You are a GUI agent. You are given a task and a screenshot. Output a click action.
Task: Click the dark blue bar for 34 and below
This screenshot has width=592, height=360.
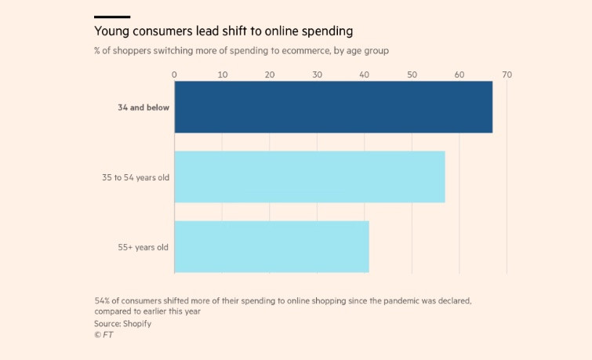[x=333, y=107]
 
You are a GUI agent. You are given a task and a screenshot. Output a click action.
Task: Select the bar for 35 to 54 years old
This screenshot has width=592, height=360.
[x=310, y=177]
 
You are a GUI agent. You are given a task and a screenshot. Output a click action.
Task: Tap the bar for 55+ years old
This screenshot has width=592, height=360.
[x=271, y=247]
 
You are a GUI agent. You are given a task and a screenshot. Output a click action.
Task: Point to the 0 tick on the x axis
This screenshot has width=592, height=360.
[x=174, y=75]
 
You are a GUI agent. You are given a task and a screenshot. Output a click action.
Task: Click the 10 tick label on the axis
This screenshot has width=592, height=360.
[x=222, y=75]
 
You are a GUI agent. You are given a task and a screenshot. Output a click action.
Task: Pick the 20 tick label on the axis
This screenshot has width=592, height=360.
[x=270, y=75]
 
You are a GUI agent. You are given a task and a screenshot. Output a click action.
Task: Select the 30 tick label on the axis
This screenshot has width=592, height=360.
[x=317, y=75]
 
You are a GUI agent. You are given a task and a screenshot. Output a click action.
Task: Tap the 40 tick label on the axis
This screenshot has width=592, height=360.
[x=365, y=75]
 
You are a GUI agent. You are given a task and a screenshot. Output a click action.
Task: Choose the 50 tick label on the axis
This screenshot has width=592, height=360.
[x=412, y=75]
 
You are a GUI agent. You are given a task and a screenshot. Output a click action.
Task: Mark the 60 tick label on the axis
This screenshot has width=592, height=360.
[x=459, y=75]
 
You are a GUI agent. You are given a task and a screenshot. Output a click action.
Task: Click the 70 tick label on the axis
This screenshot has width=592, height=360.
[x=507, y=75]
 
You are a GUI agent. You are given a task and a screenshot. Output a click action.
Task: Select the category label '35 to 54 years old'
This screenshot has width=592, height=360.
[x=135, y=177]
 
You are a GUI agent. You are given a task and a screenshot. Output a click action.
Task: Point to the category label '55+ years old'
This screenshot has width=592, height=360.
[x=143, y=248]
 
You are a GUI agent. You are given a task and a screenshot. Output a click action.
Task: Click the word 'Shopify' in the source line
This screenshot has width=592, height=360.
[x=136, y=323]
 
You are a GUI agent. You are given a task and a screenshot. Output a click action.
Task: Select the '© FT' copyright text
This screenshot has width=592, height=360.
[x=104, y=335]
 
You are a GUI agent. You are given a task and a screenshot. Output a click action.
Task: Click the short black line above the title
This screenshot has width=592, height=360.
[x=111, y=16]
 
